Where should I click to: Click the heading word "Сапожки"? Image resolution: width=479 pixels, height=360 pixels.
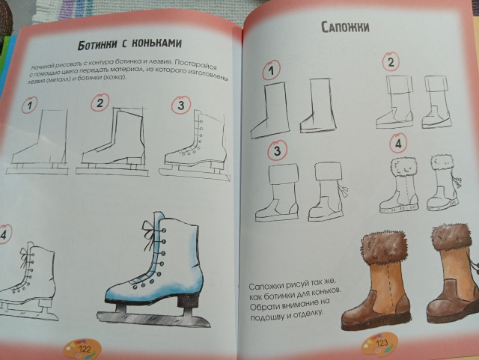click(x=345, y=27)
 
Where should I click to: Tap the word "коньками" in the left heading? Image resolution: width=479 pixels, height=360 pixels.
click(x=156, y=43)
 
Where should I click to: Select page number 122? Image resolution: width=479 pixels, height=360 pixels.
click(x=85, y=349)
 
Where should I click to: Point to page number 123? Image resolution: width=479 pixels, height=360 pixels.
click(x=382, y=343)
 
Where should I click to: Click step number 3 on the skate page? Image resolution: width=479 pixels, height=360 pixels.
click(x=181, y=106)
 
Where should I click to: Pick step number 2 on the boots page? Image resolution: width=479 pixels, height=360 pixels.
click(x=391, y=62)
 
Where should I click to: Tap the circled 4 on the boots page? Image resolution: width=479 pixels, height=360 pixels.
click(x=398, y=143)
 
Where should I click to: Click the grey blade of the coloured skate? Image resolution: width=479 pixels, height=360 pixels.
click(x=153, y=320)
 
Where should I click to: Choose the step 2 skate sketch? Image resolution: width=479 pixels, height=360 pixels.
click(x=112, y=141)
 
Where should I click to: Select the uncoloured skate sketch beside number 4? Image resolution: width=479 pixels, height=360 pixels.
click(x=28, y=281)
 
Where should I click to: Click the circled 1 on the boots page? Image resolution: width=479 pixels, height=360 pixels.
click(x=271, y=70)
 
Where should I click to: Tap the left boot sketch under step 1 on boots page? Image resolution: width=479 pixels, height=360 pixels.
click(x=269, y=109)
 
